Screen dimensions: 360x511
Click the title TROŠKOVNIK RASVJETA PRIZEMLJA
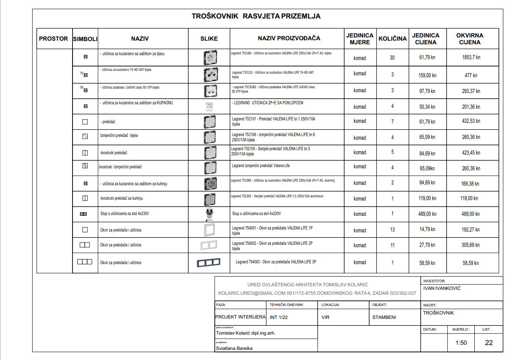point(256,17)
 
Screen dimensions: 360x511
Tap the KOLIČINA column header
point(393,39)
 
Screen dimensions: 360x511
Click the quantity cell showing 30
point(392,58)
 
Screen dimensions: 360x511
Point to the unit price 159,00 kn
point(427,75)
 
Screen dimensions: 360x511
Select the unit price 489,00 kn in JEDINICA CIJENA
point(427,214)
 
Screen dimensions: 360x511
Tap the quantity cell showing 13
point(392,230)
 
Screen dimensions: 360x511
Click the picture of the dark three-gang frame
point(209,262)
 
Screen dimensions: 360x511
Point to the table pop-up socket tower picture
point(209,214)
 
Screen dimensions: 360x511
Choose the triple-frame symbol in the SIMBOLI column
point(85,262)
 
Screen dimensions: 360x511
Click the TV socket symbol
point(84,74)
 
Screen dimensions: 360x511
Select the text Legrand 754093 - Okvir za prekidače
point(276,262)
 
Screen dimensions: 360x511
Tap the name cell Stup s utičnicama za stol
point(125,214)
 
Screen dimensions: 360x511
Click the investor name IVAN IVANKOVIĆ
point(442,288)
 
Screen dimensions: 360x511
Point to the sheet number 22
point(488,343)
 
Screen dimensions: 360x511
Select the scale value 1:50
point(461,343)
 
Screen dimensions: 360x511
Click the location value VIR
point(326,317)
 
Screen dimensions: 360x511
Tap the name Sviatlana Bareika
point(234,348)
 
